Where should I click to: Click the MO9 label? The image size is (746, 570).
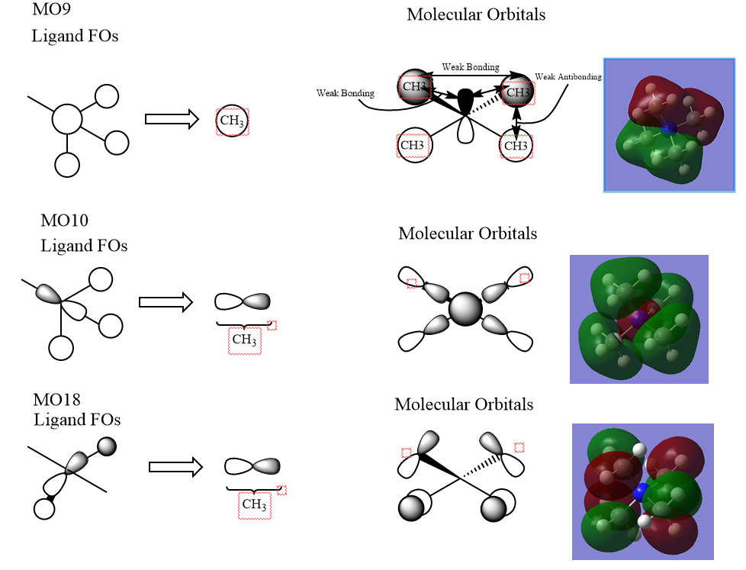point(48,11)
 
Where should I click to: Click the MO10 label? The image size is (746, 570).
point(64,221)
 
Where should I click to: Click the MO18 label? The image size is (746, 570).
point(57,400)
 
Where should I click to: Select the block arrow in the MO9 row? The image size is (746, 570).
point(172,119)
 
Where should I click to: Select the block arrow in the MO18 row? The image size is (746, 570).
point(175,466)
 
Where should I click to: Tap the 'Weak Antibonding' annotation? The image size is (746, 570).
point(568,77)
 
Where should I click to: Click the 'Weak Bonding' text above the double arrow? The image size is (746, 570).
point(471,68)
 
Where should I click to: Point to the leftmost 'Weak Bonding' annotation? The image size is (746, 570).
point(345,93)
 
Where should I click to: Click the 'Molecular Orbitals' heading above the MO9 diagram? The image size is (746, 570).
point(476,14)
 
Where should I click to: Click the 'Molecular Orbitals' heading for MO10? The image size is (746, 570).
point(467,233)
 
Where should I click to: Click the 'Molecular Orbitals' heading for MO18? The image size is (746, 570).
point(464,404)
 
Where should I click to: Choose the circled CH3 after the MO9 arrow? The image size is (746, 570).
point(233,121)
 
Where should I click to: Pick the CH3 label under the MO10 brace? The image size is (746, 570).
point(244,340)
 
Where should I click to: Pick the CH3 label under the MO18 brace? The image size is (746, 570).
point(254,504)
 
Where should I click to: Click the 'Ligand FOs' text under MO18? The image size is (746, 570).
point(77,420)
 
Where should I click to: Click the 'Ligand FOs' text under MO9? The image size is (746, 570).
point(75,36)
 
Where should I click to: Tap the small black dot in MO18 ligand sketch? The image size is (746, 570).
point(50,498)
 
